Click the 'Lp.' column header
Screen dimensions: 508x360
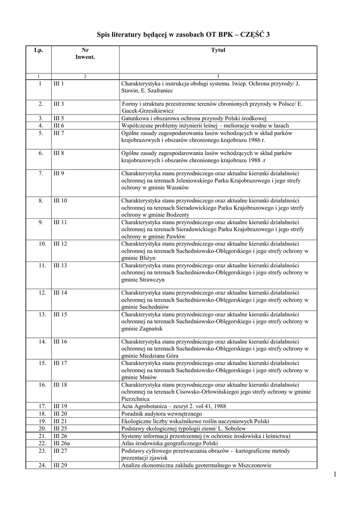coord(39,50)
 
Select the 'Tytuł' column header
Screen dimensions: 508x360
coord(218,50)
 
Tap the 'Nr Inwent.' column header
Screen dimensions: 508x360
coord(85,54)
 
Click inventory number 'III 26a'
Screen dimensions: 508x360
coord(62,443)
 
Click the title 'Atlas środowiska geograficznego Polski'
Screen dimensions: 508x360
coord(169,443)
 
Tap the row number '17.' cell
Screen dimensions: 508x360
coord(43,406)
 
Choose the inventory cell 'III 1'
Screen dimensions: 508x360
coord(59,84)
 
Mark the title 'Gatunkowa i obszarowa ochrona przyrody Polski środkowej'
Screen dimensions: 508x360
coord(194,119)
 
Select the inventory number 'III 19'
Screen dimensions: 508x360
coord(60,406)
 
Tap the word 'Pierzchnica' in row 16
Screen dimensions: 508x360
coord(136,398)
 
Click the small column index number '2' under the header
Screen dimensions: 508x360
coord(85,76)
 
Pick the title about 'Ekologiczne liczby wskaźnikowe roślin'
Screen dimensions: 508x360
coord(195,421)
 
